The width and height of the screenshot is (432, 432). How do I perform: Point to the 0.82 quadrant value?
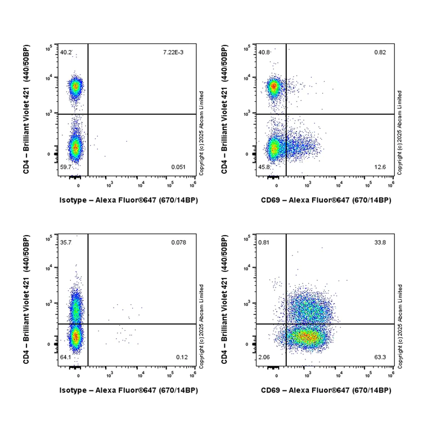380,52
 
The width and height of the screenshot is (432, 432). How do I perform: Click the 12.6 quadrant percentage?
380,168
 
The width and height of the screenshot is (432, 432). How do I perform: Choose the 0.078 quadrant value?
179,242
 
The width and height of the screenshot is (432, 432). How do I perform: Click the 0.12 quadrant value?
182,358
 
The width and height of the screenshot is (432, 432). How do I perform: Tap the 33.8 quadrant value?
380,242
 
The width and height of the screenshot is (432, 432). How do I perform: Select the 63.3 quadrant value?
380,358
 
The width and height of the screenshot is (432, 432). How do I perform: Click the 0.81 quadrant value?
263,242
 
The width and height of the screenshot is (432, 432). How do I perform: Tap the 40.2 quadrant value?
65,52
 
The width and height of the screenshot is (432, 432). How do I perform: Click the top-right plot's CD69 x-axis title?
326,200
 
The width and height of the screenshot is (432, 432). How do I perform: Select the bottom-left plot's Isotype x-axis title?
129,390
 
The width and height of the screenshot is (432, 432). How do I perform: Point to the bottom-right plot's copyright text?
399,326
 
